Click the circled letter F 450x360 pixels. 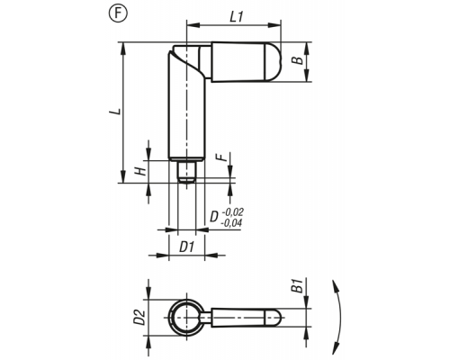118,13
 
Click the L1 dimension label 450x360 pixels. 237,17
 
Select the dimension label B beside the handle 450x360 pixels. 298,60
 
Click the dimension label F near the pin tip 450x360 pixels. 221,157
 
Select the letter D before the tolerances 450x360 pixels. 214,217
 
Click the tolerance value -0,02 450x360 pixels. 233,212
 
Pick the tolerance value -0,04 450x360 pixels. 231,223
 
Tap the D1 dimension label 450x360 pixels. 187,247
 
